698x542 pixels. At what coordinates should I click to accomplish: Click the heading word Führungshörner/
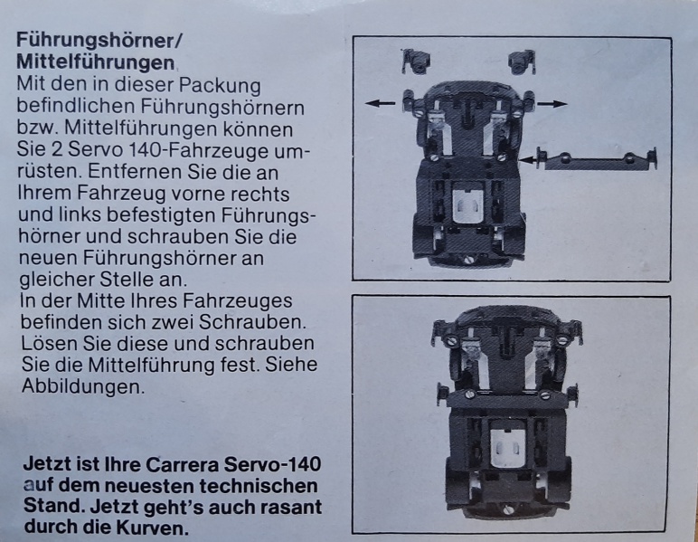tap(99, 41)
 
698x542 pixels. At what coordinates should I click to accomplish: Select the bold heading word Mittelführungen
tap(95, 62)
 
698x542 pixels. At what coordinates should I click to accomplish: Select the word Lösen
tap(48, 343)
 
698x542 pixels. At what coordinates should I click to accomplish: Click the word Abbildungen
tap(83, 386)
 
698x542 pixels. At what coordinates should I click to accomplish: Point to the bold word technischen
tap(259, 485)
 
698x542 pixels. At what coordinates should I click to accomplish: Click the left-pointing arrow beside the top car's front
tap(380, 103)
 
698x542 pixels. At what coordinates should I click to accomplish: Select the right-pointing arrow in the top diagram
tap(552, 104)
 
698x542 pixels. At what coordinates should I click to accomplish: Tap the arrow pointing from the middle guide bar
tap(527, 159)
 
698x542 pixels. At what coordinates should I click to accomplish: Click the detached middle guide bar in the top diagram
tap(598, 159)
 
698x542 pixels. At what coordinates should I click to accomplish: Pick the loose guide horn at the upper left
tap(416, 62)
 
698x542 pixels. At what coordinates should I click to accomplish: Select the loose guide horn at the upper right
tap(523, 62)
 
